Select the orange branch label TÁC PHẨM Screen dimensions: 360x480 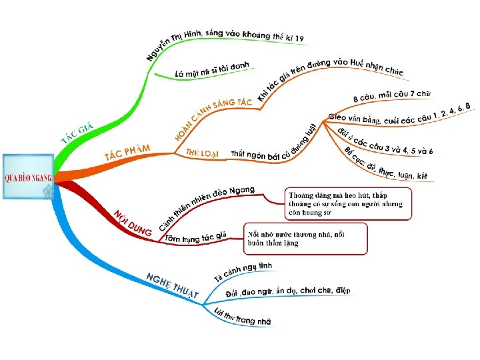pyautogui.click(x=127, y=152)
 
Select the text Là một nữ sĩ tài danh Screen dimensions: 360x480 pyautogui.click(x=211, y=69)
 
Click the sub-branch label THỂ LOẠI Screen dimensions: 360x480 pyautogui.click(x=202, y=153)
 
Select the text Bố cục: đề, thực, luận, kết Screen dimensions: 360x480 pyautogui.click(x=386, y=164)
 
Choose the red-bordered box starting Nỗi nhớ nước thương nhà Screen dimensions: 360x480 pyautogui.click(x=306, y=239)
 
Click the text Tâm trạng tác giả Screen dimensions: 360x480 pyautogui.click(x=196, y=237)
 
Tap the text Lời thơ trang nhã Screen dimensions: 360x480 pyautogui.click(x=243, y=317)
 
